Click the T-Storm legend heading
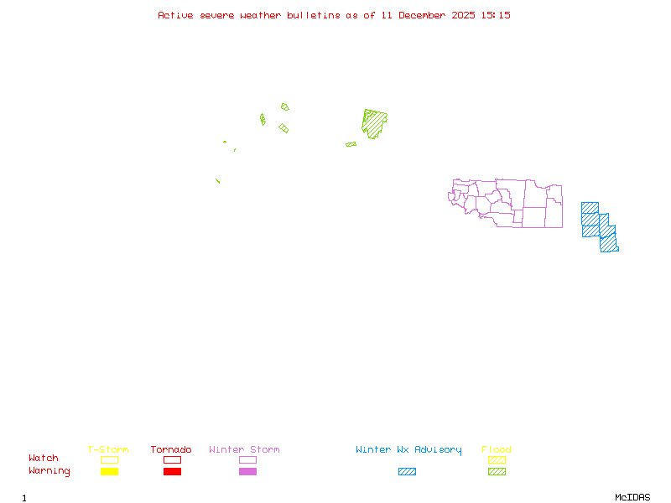point(108,450)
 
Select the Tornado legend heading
point(171,450)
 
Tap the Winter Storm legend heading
point(244,450)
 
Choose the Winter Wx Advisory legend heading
point(408,450)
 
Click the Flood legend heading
point(497,450)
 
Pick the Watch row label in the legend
point(44,459)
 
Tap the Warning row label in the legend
point(49,471)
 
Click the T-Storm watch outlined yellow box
point(109,459)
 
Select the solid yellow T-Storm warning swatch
point(109,472)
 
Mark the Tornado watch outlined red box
point(172,459)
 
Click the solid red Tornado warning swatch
point(172,472)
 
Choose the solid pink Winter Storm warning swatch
point(247,472)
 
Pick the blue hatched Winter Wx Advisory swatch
point(407,472)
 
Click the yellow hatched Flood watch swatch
point(497,459)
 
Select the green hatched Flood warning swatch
point(497,472)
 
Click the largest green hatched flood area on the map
point(374,122)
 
